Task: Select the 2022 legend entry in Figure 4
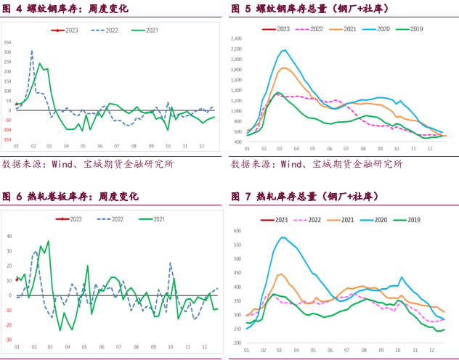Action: click(x=107, y=30)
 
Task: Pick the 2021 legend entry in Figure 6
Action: click(x=145, y=219)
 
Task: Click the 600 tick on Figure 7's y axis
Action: click(x=237, y=231)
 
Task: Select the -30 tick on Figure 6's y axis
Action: click(x=8, y=340)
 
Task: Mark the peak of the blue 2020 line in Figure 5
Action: click(x=284, y=50)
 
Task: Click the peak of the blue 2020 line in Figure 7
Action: click(x=282, y=237)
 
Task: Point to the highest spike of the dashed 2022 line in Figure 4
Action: click(x=32, y=51)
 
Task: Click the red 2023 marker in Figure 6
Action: click(x=17, y=279)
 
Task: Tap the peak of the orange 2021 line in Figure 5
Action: click(x=283, y=68)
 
